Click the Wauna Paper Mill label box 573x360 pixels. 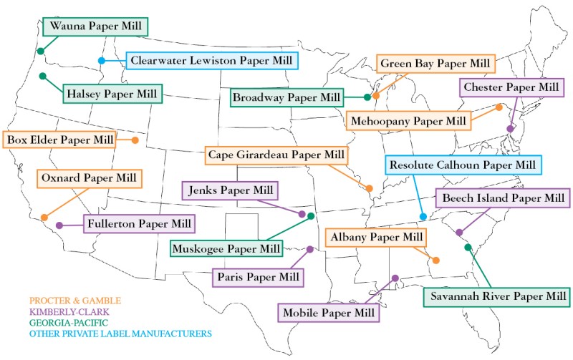tap(95, 27)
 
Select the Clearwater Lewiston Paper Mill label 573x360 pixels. tap(211, 60)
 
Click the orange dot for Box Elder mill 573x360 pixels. tap(135, 140)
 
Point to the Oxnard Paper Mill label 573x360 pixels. tap(90, 178)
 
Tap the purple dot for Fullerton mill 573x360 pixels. tap(59, 225)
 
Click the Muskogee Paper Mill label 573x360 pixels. tap(226, 249)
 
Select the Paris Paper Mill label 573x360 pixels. tap(258, 277)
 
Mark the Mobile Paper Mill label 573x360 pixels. tap(327, 312)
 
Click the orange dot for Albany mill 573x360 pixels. tap(435, 261)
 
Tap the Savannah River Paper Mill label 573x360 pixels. tap(495, 296)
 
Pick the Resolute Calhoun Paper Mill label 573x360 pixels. tap(463, 165)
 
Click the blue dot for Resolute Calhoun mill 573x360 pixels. tap(423, 216)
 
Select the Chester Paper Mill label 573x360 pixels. tap(510, 87)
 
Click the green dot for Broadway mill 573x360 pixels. tap(367, 97)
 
